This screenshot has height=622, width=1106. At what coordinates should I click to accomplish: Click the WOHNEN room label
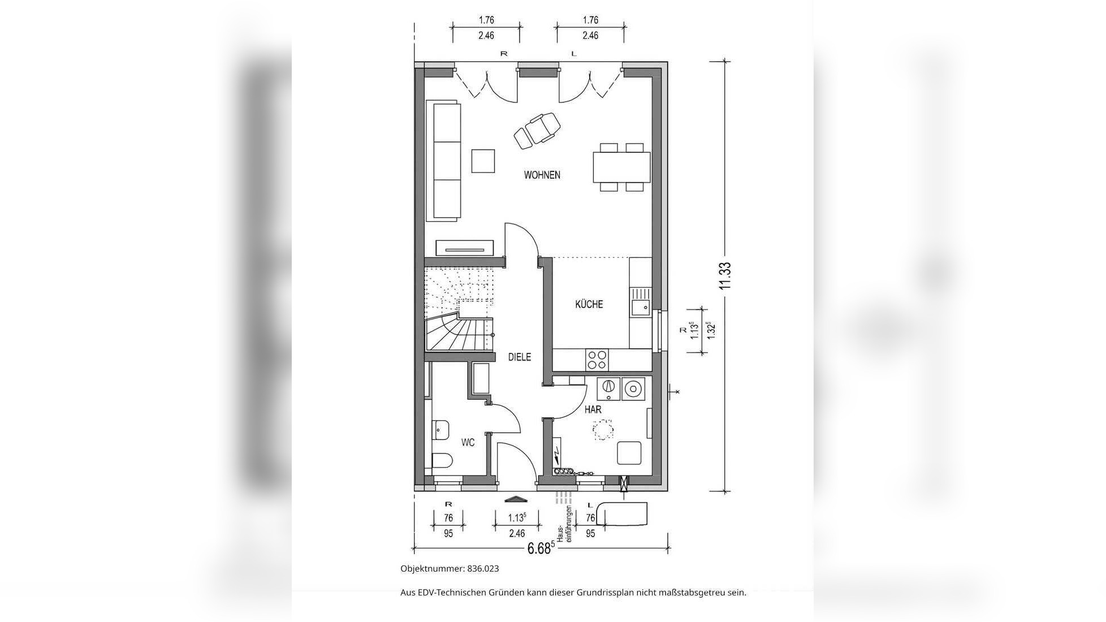click(542, 175)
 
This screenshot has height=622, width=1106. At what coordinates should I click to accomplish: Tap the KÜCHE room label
click(589, 304)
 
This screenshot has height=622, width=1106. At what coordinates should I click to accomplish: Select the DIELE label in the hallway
click(519, 357)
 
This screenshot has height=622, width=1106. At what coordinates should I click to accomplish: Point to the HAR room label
click(593, 409)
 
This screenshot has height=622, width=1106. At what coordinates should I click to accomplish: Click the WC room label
click(468, 442)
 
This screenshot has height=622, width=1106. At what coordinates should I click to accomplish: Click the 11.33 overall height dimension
click(725, 276)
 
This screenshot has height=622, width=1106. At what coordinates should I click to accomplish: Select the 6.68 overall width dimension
click(539, 548)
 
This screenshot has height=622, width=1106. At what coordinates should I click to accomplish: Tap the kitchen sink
click(641, 301)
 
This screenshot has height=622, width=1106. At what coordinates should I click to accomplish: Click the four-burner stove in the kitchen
click(597, 359)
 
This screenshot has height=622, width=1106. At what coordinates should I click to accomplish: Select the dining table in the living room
click(621, 167)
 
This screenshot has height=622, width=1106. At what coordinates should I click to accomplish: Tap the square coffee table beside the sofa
click(483, 161)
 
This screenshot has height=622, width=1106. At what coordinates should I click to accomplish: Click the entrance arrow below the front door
click(515, 499)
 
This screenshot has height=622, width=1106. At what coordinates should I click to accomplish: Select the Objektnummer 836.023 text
click(450, 569)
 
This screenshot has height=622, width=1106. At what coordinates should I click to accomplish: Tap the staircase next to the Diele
click(459, 309)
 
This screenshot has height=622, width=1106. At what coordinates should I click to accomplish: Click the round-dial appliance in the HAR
click(608, 388)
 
